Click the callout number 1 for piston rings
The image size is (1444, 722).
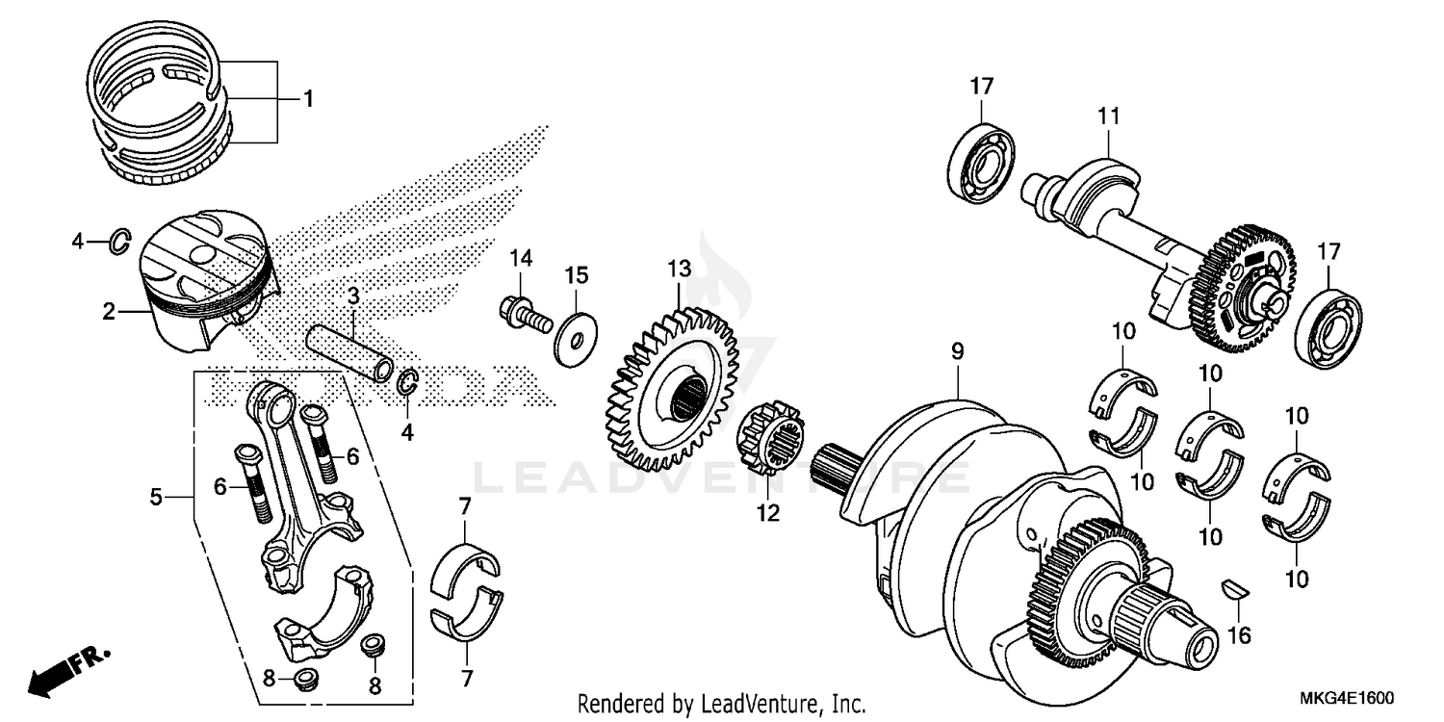click(308, 98)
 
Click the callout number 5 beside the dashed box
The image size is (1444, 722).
click(156, 497)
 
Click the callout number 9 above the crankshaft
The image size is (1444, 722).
click(957, 353)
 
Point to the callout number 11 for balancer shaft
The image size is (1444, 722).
click(1108, 116)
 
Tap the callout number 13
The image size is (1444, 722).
click(680, 268)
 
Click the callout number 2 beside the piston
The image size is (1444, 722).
click(109, 311)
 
